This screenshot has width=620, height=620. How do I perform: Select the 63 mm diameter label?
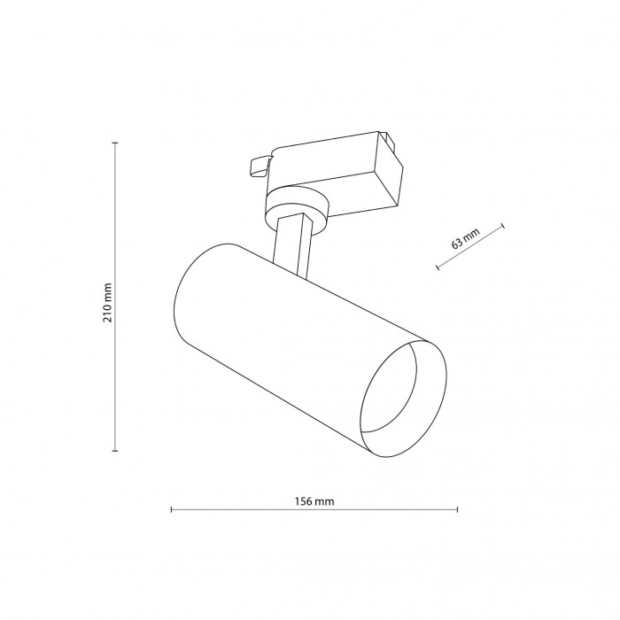coord(465,238)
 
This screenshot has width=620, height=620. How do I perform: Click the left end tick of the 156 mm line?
coord(171,510)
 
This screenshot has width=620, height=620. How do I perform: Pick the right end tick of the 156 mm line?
coord(458,510)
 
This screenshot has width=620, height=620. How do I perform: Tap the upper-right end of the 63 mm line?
coord(503,227)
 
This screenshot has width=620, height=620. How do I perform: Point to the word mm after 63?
coord(471,235)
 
